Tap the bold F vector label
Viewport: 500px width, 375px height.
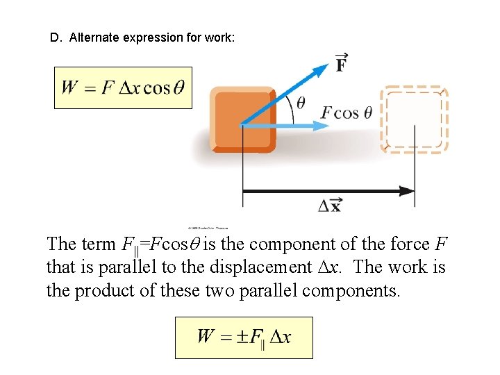tap(342, 63)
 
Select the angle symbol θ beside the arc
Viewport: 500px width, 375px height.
tap(301, 103)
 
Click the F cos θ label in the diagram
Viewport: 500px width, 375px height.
tap(347, 112)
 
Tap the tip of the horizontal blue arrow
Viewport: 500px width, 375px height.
tap(324, 126)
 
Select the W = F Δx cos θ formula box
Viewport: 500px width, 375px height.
tap(123, 87)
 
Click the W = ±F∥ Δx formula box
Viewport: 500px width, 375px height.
tap(244, 337)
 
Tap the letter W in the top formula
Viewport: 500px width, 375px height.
tap(69, 87)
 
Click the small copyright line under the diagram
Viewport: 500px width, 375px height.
tap(208, 227)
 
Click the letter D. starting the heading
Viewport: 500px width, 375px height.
tap(56, 38)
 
